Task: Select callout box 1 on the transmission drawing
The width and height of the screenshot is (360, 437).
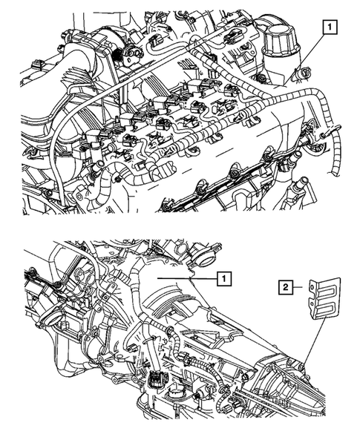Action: coord(222,278)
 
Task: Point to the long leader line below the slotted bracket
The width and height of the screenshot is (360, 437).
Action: coord(311,342)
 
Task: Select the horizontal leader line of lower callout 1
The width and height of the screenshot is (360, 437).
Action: coord(189,278)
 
